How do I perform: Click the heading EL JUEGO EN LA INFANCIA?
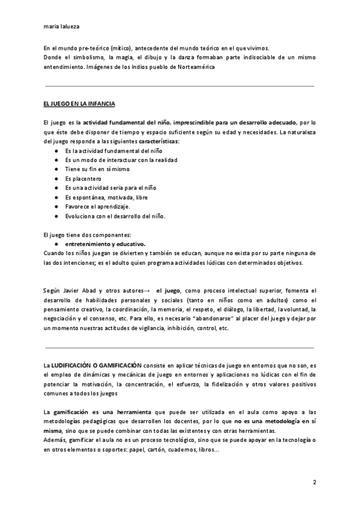80,104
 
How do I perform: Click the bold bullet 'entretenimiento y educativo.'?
105,244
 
